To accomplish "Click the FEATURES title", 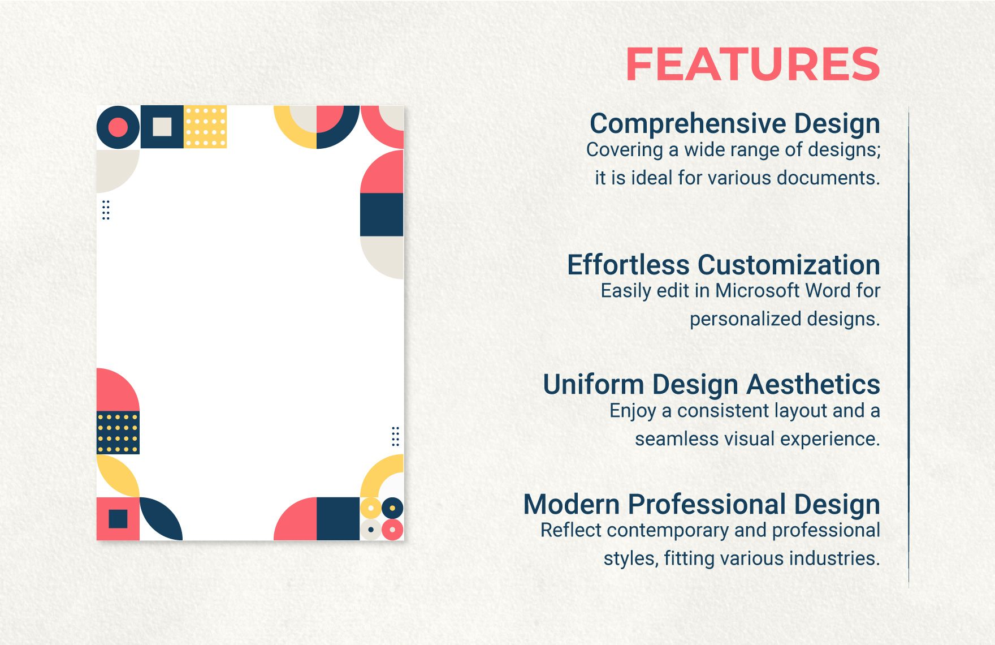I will (x=752, y=64).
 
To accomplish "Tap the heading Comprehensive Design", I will (x=734, y=123).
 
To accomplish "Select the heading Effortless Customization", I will (x=723, y=265).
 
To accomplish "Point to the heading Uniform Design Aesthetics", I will (x=711, y=385).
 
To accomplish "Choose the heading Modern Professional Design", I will (x=702, y=504).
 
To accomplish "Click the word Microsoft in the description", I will (x=758, y=291).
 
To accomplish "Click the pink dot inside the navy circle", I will (x=118, y=127).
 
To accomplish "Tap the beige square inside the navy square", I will (x=162, y=127).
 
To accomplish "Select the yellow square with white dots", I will (x=205, y=127).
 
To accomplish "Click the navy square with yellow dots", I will (x=118, y=433).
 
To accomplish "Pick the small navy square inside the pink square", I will (x=118, y=519).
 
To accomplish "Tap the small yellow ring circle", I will (x=371, y=508).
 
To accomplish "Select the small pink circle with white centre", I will (x=392, y=530).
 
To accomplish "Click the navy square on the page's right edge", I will (x=382, y=214).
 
